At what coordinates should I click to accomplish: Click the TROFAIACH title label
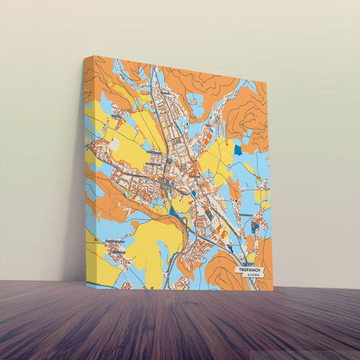click(251, 269)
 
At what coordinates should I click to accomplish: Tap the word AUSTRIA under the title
click(253, 276)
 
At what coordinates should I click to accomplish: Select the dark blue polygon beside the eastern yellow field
click(238, 149)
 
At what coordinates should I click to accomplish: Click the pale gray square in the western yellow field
click(114, 144)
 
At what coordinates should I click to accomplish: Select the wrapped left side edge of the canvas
click(85, 169)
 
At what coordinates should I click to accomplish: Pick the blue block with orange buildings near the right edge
click(255, 227)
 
